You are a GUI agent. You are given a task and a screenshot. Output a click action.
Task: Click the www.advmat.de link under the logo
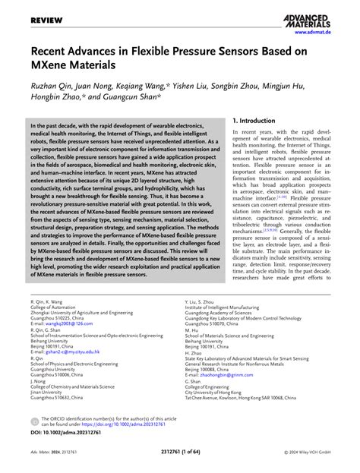click(x=327, y=33)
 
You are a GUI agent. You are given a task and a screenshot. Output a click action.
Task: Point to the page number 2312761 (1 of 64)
click(x=180, y=463)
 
